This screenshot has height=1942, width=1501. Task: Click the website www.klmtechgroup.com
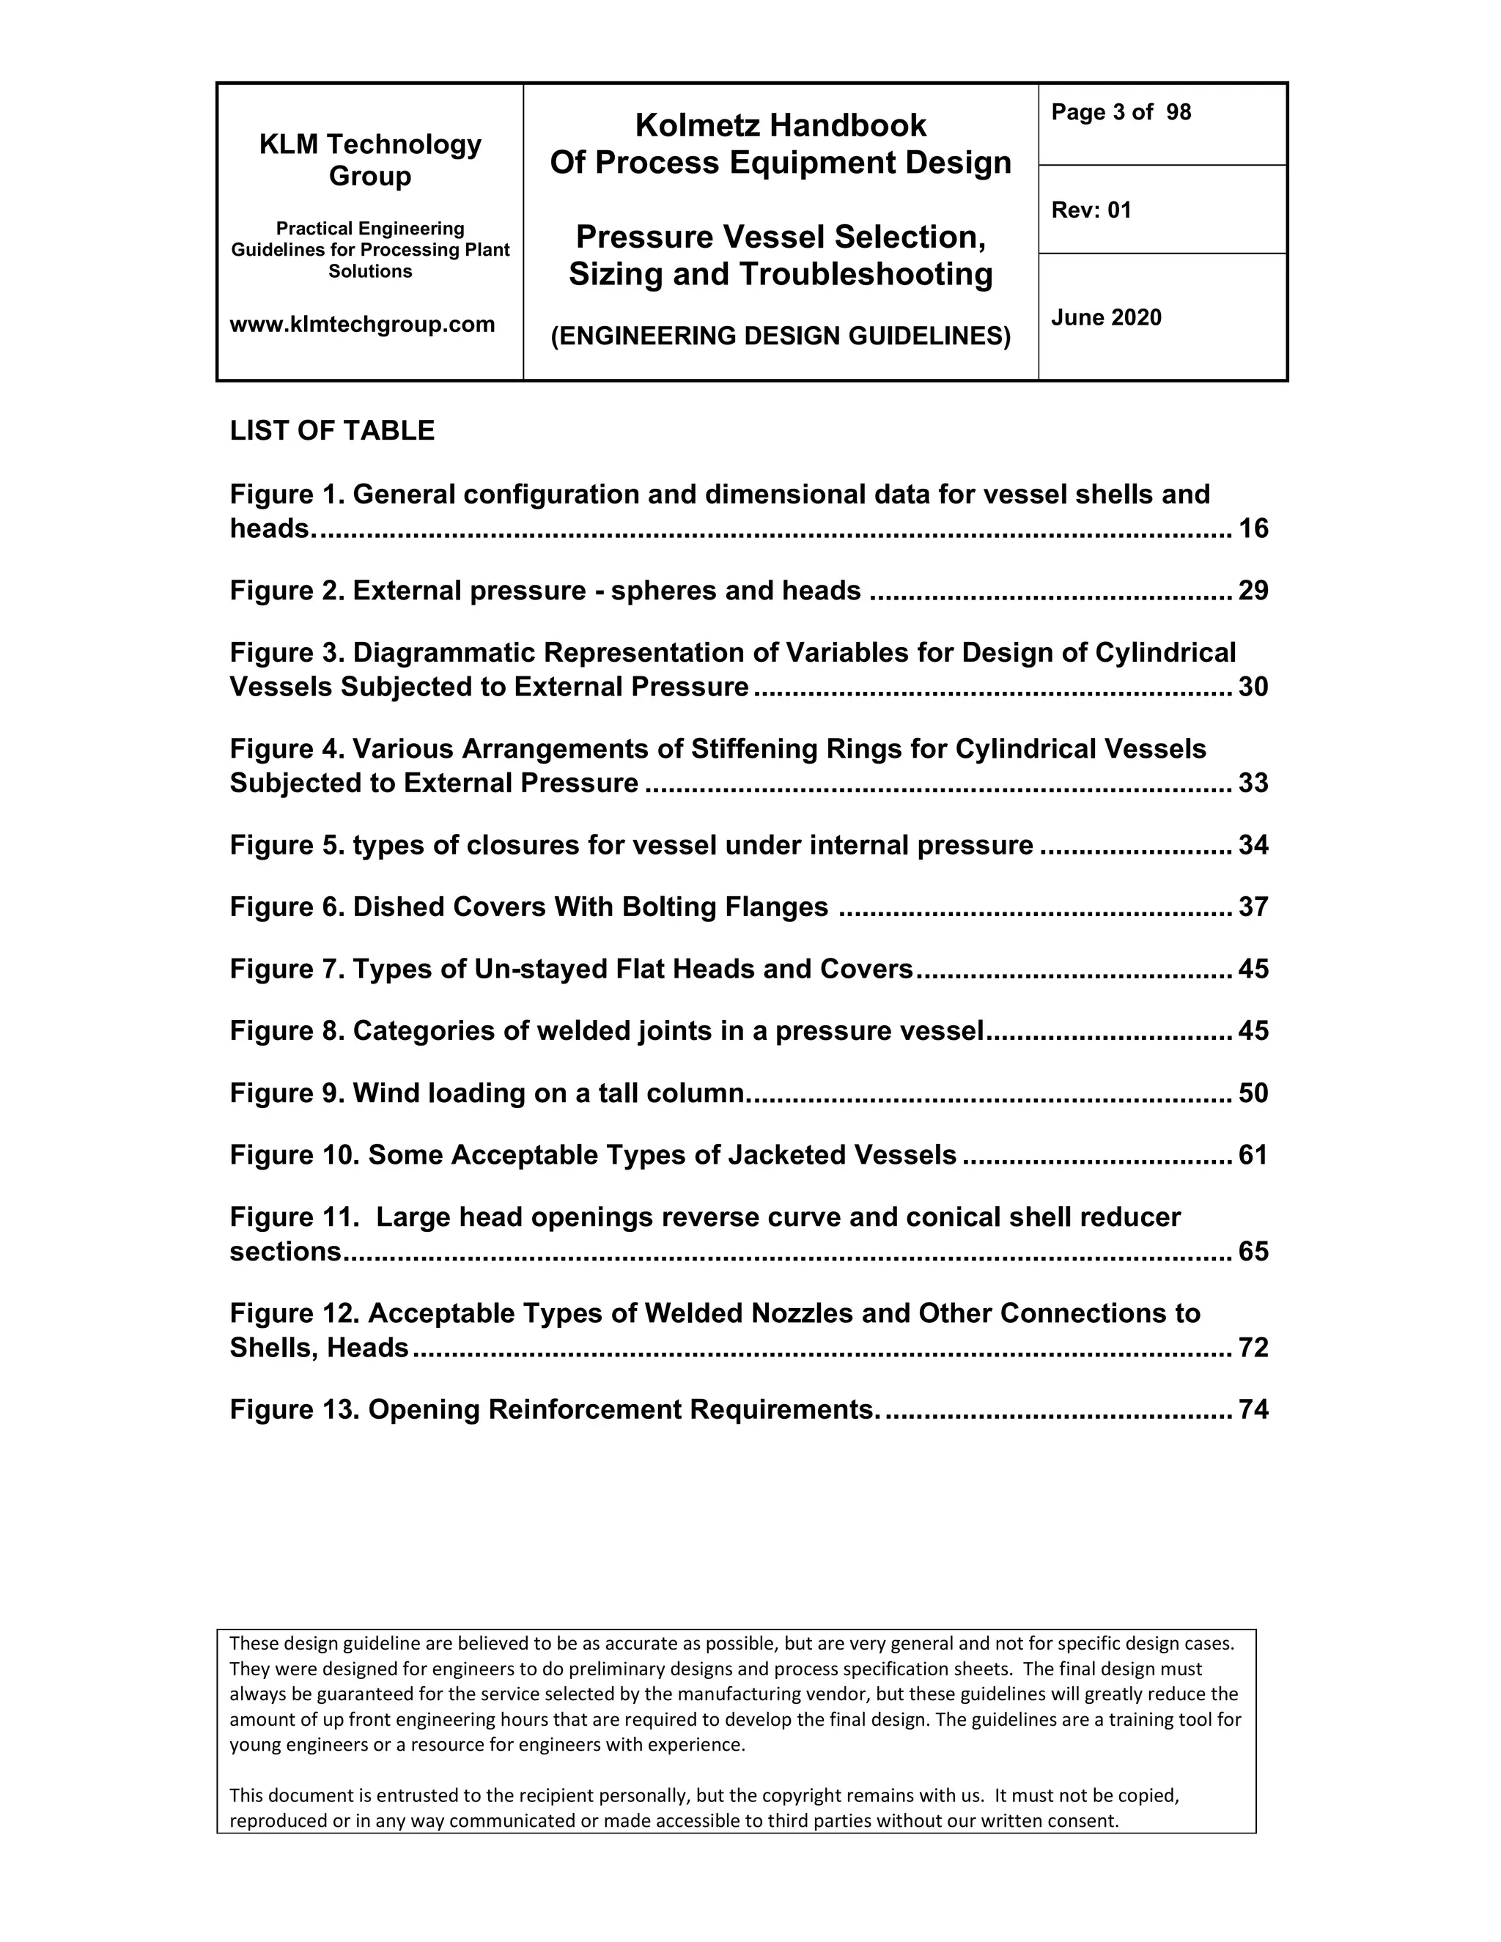(362, 325)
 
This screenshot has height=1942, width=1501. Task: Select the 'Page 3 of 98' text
(1121, 112)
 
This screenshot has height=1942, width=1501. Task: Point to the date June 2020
(1106, 317)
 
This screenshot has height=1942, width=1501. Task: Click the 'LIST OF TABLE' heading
(332, 430)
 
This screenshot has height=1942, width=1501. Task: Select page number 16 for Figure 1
(1253, 529)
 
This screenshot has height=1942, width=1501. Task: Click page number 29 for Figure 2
(1253, 591)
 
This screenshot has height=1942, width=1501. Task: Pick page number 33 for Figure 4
(1253, 783)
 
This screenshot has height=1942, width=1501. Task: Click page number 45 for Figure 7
(1253, 970)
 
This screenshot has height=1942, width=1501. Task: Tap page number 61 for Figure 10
(1253, 1155)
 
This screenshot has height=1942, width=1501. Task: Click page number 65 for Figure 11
(1253, 1252)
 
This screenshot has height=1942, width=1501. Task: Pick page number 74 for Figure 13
(1253, 1410)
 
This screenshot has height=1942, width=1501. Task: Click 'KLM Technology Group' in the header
(370, 160)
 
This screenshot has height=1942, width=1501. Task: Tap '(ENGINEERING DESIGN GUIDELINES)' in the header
(781, 336)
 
